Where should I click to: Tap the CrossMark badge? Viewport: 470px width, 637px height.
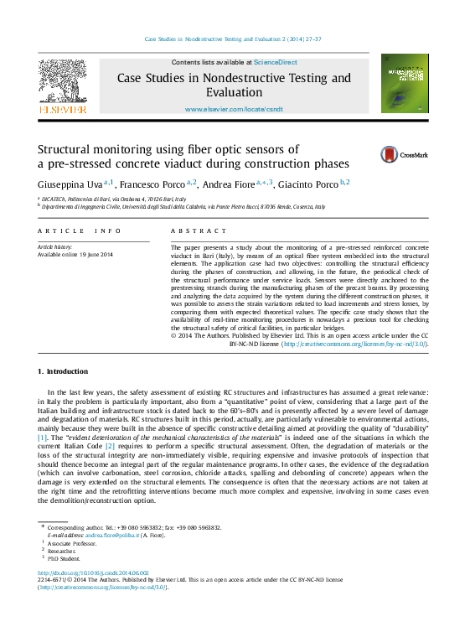(x=404, y=154)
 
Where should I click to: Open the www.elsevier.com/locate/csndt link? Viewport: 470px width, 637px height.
(x=234, y=109)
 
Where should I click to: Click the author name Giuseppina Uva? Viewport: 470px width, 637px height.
(x=70, y=183)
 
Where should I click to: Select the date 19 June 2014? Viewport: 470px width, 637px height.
(x=96, y=255)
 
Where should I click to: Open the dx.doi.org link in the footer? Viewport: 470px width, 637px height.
(x=93, y=572)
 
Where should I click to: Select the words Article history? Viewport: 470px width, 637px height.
(x=55, y=247)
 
